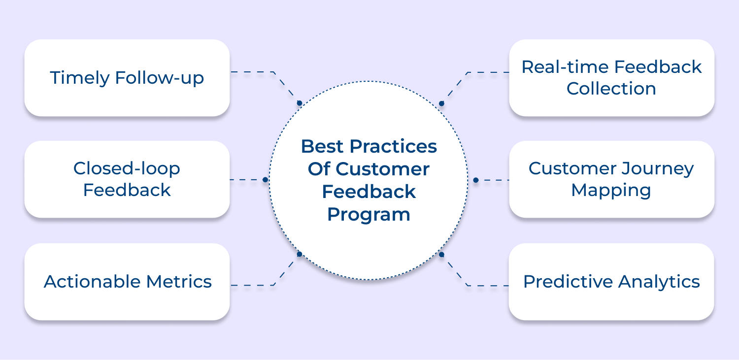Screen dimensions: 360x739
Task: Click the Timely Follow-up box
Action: pos(127,78)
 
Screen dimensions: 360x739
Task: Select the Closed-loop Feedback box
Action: pos(127,179)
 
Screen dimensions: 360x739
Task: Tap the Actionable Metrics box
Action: pos(127,281)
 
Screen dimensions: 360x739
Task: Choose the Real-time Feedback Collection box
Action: pos(611,78)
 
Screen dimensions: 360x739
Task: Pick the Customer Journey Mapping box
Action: pos(611,179)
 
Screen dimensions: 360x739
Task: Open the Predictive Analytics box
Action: pos(611,281)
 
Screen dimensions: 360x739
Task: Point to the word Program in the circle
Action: pos(369,214)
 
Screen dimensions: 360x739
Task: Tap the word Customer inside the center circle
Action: pos(383,169)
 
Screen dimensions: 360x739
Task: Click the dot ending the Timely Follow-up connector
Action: pos(299,103)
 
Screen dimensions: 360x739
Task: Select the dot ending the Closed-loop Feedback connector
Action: pos(265,180)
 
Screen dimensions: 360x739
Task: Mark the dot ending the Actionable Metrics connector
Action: pos(299,254)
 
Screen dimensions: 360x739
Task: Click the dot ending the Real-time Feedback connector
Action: pos(441,103)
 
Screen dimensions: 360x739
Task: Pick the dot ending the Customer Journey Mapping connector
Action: pos(475,180)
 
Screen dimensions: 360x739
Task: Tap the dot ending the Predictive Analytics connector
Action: pos(441,255)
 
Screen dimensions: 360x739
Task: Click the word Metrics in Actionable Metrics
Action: pos(179,281)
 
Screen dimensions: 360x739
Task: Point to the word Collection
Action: pos(611,89)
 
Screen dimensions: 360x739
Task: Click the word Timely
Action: pos(79,78)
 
